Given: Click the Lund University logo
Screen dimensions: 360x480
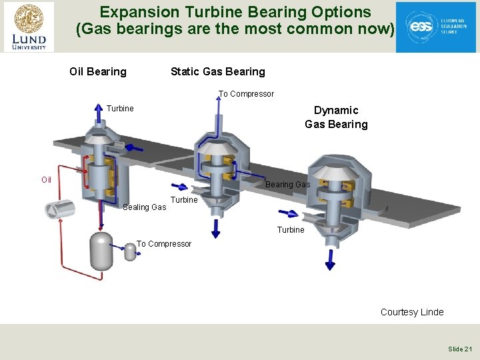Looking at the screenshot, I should [x=29, y=27].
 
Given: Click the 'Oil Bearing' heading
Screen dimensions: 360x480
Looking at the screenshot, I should [x=98, y=71].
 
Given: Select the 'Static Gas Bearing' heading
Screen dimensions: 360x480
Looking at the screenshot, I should [x=217, y=71].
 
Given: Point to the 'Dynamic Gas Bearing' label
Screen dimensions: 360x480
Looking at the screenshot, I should [x=336, y=117].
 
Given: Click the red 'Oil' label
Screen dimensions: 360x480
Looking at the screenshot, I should [x=46, y=179].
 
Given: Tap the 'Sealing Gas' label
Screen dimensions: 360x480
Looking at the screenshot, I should [x=144, y=207].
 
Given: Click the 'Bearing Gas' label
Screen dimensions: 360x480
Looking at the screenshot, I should [x=287, y=185].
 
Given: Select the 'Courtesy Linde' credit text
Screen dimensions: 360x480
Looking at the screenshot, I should [x=411, y=312].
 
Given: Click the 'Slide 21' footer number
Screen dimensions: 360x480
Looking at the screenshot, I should [x=460, y=349].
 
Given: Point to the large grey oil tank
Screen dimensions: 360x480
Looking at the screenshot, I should [x=101, y=251].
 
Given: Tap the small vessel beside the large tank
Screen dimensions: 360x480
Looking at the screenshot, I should [x=130, y=251].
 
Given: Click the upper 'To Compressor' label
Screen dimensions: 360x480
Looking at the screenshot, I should [x=246, y=94].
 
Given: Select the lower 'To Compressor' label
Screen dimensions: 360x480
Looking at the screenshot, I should [x=164, y=244].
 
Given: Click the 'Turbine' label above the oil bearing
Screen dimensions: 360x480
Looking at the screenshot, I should [x=120, y=109].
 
